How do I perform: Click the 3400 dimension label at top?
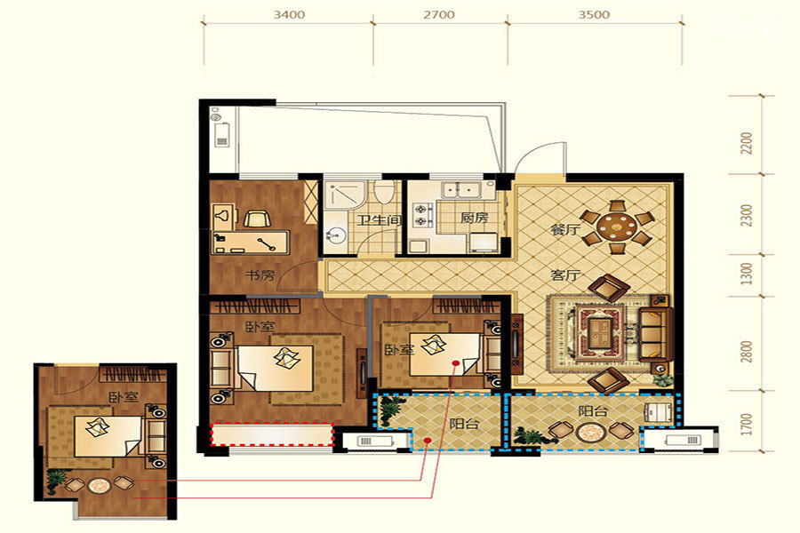(289, 15)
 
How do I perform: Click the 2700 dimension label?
(439, 15)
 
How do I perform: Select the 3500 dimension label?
(594, 15)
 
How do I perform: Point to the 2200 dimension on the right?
(747, 143)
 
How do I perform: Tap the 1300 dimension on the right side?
(747, 274)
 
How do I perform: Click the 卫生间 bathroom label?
(379, 220)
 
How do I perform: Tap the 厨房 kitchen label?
(474, 219)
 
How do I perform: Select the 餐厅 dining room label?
(564, 230)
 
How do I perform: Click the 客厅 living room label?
(564, 275)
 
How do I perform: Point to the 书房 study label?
(260, 275)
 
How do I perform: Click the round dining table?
(618, 227)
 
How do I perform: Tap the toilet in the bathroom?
(383, 192)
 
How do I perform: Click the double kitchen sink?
(462, 190)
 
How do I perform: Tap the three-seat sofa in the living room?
(653, 334)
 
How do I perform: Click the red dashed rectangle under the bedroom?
(271, 434)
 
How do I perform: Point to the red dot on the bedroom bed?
(456, 362)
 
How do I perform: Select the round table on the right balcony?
(590, 434)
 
